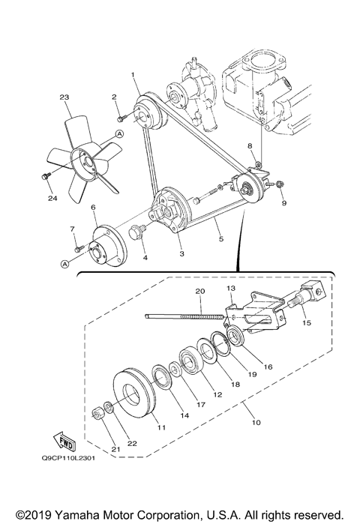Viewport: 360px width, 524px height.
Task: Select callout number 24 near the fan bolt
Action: (x=52, y=199)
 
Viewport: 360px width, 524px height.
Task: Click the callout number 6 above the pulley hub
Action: (x=94, y=208)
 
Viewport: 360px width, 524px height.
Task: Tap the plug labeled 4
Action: (x=138, y=230)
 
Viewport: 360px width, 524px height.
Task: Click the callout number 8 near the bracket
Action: (x=252, y=145)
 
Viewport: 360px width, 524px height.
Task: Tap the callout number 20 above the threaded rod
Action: (x=199, y=291)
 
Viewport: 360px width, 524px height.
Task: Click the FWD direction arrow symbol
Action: (x=64, y=437)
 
